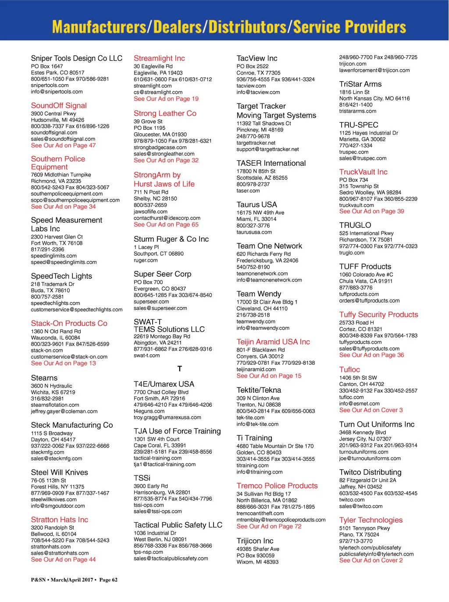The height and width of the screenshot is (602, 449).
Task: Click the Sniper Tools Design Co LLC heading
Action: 76,58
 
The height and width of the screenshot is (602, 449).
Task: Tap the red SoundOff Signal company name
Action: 59,106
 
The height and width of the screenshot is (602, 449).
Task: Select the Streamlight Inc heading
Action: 159,58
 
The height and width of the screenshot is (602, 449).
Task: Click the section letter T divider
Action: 180,369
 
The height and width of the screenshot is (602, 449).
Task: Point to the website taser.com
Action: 248,191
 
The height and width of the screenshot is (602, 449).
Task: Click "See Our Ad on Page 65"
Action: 166,224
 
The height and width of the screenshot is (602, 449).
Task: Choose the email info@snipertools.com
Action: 57,92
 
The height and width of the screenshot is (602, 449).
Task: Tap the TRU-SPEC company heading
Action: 358,125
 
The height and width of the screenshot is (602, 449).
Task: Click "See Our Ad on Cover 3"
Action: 371,410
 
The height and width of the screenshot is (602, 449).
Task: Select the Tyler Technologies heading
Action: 371,520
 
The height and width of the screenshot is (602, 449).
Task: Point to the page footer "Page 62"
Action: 108,580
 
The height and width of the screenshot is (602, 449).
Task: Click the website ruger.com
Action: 146,260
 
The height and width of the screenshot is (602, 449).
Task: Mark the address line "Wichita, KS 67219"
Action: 53,392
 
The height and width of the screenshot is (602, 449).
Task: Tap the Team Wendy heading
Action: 259,294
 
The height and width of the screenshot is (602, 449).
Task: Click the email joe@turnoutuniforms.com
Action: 370,458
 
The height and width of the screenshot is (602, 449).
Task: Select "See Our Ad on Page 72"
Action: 269,526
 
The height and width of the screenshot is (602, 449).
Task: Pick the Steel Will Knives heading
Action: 59,472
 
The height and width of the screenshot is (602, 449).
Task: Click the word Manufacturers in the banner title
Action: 99,27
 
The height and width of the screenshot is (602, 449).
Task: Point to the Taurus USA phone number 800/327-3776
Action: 253,226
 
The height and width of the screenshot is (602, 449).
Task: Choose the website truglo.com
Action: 352,253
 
